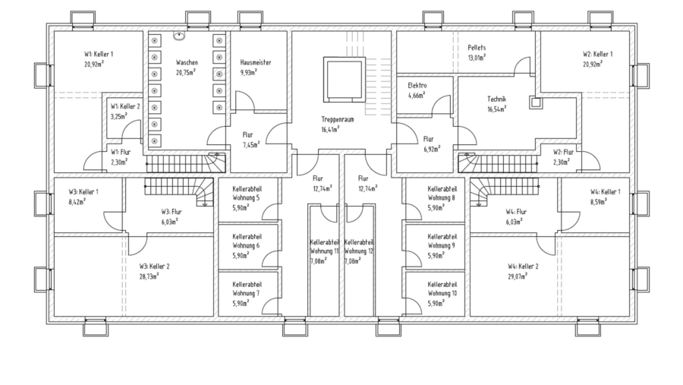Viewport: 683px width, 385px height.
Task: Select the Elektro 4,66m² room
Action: click(417, 91)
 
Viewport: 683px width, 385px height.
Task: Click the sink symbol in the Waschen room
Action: click(181, 35)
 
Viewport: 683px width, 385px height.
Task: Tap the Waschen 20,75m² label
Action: click(187, 67)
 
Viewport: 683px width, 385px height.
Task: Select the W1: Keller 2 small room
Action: click(124, 112)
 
